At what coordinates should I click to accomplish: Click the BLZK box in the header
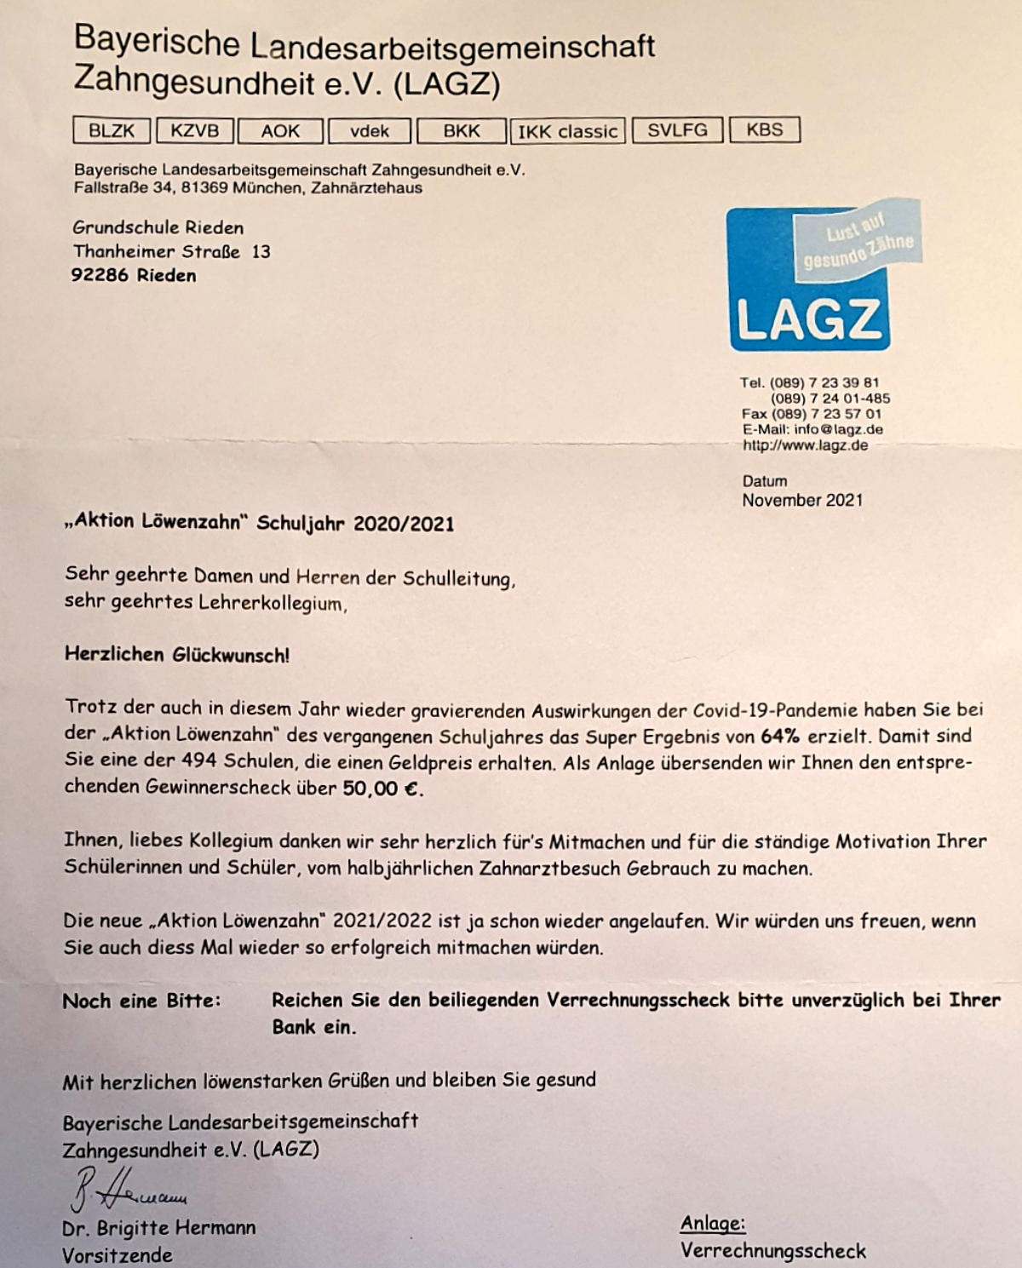click(x=112, y=130)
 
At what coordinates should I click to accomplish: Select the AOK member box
click(x=280, y=130)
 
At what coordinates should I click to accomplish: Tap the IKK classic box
click(x=567, y=131)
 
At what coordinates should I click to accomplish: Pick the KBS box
click(x=764, y=129)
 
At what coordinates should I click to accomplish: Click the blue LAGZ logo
click(x=809, y=281)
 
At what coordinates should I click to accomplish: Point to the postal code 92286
click(x=101, y=275)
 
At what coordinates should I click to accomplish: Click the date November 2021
click(x=801, y=501)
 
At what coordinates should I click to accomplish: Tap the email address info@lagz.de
click(x=838, y=429)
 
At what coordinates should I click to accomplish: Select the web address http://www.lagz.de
click(x=805, y=445)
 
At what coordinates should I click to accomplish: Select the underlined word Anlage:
click(x=713, y=1224)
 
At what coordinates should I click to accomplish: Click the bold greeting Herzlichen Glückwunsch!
click(x=177, y=656)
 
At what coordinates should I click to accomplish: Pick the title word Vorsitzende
click(x=117, y=1255)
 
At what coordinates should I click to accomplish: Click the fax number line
click(x=811, y=414)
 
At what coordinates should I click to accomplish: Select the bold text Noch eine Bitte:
click(x=141, y=1001)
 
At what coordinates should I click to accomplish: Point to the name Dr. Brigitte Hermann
click(x=158, y=1228)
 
